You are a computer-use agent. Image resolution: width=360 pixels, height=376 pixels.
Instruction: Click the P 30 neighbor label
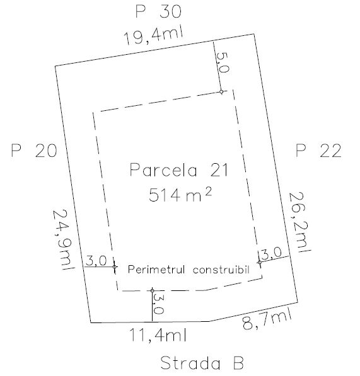pos(158,11)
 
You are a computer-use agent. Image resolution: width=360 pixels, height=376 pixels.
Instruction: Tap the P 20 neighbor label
pos(34,151)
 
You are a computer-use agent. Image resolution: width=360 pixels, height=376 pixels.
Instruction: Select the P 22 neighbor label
pos(318,151)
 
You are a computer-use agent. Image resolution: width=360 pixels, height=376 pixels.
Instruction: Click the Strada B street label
pos(202,363)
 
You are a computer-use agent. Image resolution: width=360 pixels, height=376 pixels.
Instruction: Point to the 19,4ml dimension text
pos(153,36)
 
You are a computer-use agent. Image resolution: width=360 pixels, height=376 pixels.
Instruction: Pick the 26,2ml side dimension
pos(299,222)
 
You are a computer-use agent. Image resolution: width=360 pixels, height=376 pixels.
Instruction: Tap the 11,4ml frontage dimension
pos(158,335)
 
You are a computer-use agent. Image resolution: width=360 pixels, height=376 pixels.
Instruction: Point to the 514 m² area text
pos(180,195)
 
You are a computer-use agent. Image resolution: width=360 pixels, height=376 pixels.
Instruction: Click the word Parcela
pos(163,170)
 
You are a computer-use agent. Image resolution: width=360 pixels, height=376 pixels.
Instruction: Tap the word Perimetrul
pos(156,270)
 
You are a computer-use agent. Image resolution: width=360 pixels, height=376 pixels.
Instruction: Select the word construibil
pos(221,270)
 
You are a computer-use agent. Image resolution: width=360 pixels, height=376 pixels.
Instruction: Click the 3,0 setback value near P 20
pos(96,261)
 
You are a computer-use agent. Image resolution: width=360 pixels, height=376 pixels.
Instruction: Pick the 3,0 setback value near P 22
pos(271,253)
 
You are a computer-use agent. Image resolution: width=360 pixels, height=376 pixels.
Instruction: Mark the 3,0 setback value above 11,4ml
pos(159,304)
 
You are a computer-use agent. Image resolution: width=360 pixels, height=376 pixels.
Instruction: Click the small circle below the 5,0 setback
pos(221,91)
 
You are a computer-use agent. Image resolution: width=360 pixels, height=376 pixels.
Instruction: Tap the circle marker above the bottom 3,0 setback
pos(152,290)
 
